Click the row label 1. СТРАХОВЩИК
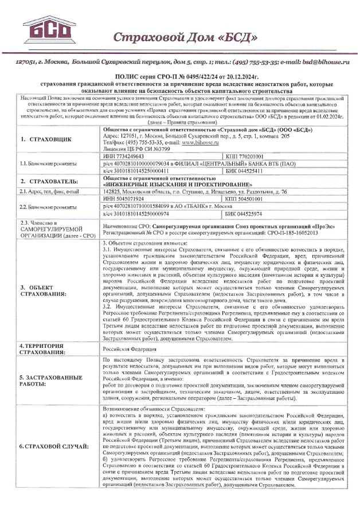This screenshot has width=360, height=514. tap(42, 139)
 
